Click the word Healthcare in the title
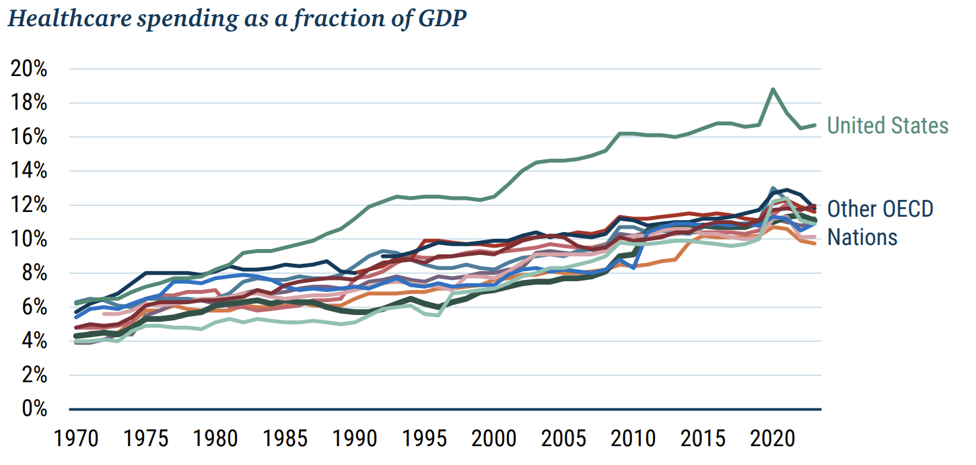(x=70, y=18)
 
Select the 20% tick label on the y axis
(x=29, y=69)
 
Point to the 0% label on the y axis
(x=34, y=408)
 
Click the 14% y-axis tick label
(x=29, y=170)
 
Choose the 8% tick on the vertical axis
(x=34, y=273)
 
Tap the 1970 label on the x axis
(x=76, y=438)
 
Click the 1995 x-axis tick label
(x=424, y=438)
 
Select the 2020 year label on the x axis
(x=773, y=438)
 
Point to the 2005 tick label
(x=563, y=438)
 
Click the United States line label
(x=888, y=126)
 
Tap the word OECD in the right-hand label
(x=907, y=209)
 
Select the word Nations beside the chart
(x=862, y=238)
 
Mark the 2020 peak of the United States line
(x=773, y=89)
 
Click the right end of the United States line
(x=814, y=126)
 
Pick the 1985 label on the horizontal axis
(x=285, y=438)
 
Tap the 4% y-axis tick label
(x=34, y=341)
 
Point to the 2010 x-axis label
(x=633, y=438)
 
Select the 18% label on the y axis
(x=29, y=102)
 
